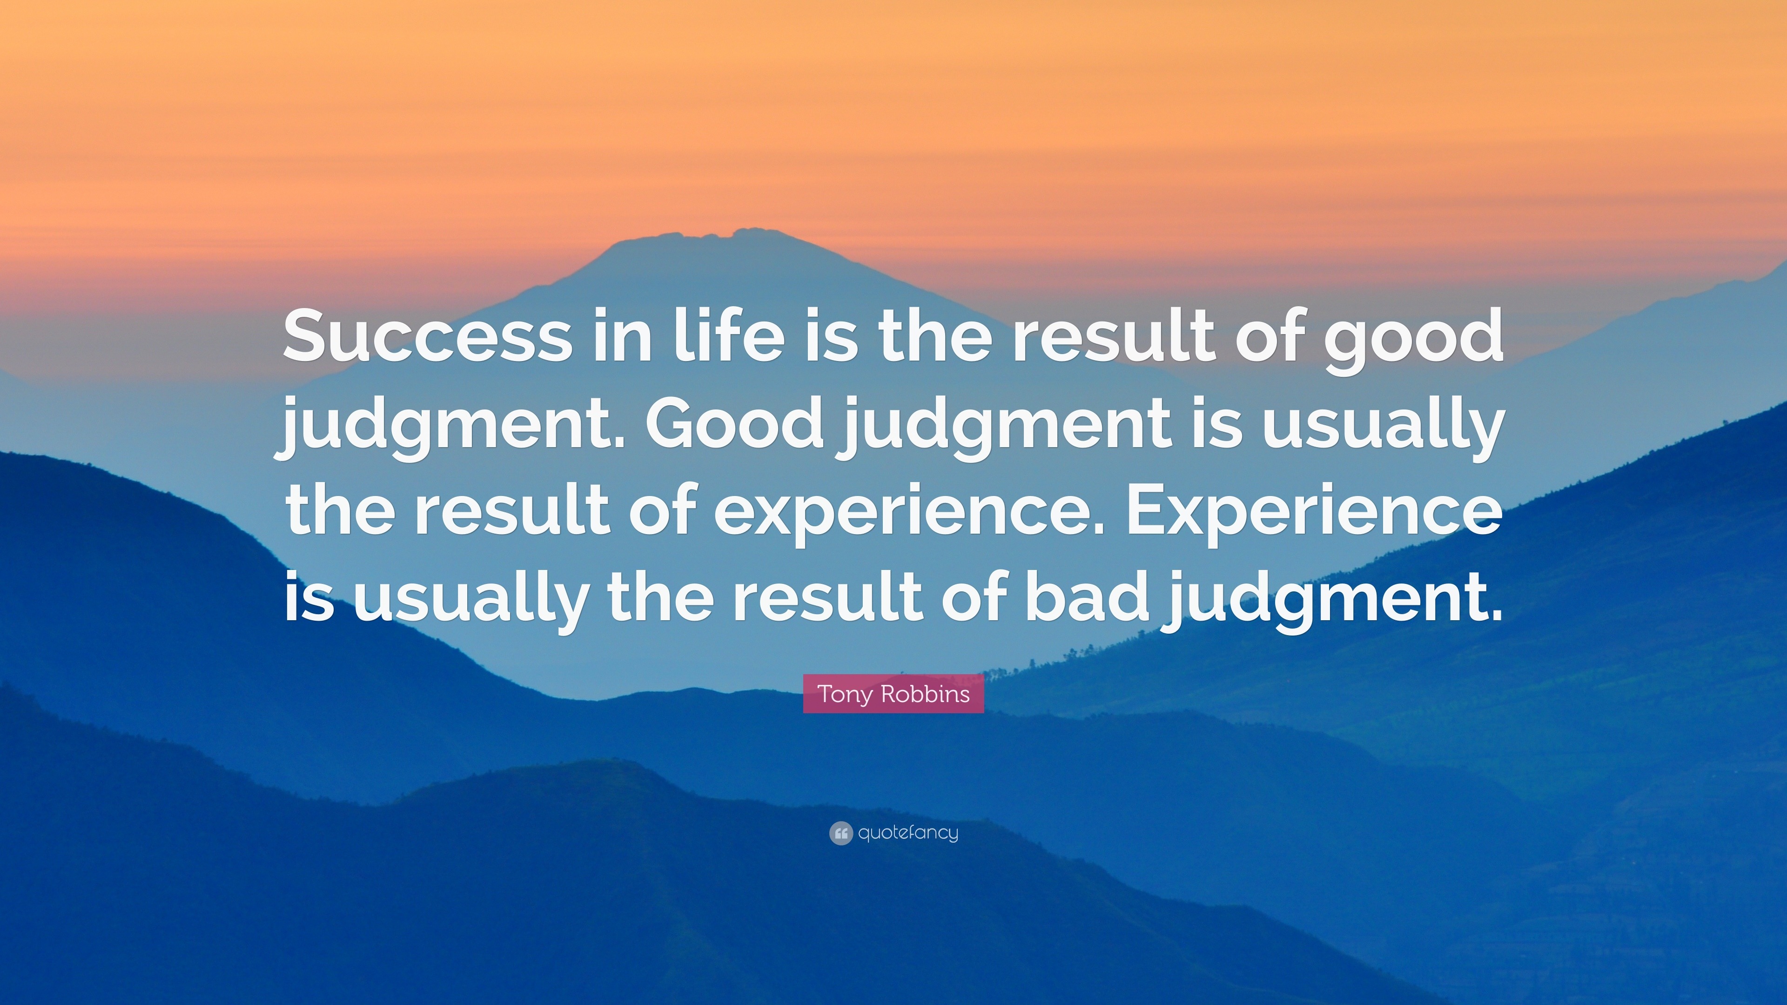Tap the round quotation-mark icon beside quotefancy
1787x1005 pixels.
coord(840,833)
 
